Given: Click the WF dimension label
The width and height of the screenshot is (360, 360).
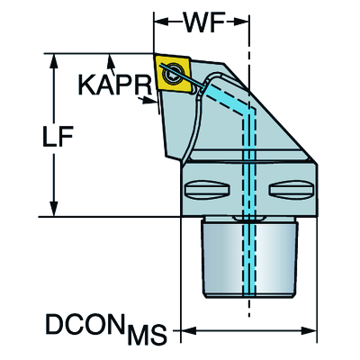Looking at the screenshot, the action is click(205, 22).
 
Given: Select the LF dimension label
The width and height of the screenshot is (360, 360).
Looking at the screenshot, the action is click(58, 136).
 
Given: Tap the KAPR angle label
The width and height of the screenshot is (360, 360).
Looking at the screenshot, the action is click(115, 85).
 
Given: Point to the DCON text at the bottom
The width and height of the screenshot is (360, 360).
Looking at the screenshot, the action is click(85, 324).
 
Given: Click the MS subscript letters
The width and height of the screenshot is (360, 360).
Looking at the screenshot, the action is click(147, 334).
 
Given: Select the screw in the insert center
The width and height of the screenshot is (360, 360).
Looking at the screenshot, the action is click(171, 72).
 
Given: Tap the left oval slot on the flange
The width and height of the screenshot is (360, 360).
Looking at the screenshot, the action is click(207, 190).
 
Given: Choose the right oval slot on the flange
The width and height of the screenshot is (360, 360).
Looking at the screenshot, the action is click(292, 190).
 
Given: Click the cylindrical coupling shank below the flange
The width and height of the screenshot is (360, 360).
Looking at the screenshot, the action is click(249, 256).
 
